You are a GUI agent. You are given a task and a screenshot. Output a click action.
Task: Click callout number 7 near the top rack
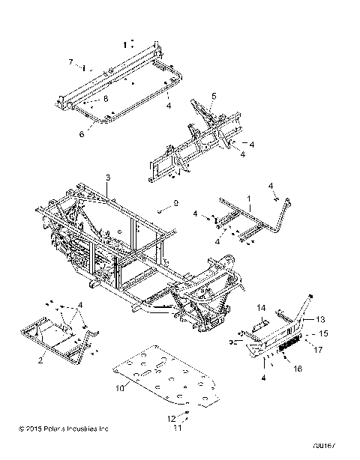coord(70,61)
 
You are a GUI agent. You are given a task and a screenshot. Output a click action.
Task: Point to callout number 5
coord(213,95)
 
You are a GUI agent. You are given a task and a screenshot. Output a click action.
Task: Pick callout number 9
coord(175,203)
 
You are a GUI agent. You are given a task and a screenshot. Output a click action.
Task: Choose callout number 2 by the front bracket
coord(41,360)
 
